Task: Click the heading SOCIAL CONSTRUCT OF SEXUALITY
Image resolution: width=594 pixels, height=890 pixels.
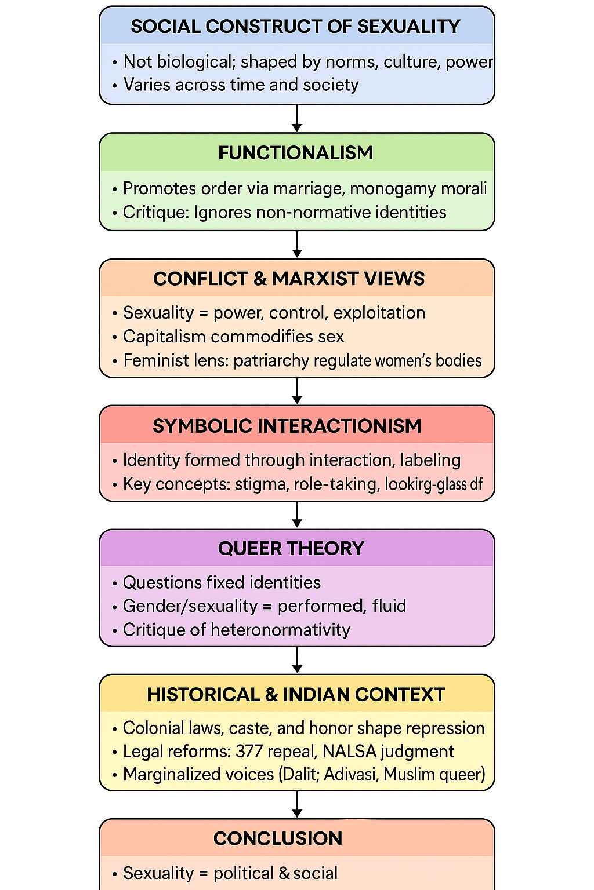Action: tap(296, 27)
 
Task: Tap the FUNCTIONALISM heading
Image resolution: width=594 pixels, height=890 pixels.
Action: tap(296, 153)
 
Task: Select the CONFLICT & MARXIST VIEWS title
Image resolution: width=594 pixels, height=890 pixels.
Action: tap(289, 279)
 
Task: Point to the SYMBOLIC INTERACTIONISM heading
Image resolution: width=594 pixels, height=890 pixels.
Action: tap(287, 426)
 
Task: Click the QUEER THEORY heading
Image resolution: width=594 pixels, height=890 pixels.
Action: tap(291, 548)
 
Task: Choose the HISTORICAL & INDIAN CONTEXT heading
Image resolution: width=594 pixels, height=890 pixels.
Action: tap(296, 694)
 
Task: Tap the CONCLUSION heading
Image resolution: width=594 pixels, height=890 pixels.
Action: tap(278, 838)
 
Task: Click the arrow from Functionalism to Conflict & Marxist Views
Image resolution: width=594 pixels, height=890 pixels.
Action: tap(297, 245)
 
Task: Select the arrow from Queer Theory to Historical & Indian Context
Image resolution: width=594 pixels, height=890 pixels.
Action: tap(297, 660)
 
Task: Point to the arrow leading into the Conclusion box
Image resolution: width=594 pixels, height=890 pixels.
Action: tap(297, 804)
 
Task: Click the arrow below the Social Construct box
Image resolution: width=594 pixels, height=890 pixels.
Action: tap(297, 118)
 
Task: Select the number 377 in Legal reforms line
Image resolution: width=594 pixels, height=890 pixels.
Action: tap(249, 752)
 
